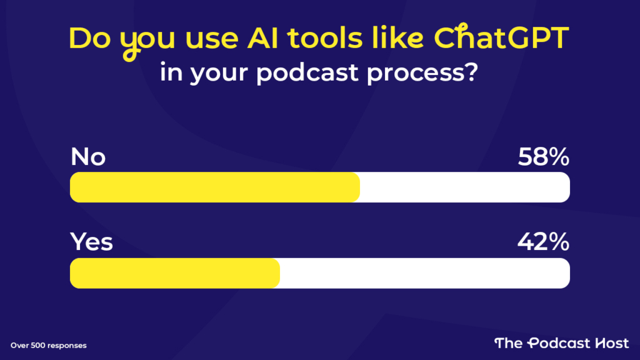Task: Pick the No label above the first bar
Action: (88, 157)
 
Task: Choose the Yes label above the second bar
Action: (91, 241)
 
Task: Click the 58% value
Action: (544, 157)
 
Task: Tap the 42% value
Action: (544, 241)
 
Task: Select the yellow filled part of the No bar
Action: (214, 187)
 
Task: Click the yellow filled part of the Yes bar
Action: (174, 273)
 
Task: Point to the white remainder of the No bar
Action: (464, 187)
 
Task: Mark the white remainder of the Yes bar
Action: (424, 273)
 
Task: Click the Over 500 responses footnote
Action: (48, 345)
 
